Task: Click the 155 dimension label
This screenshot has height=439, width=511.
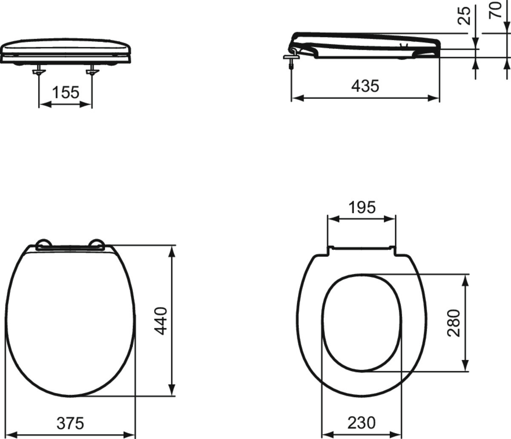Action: (66, 92)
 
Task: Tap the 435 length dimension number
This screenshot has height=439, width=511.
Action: (365, 86)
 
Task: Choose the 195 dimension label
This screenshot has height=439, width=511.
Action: (362, 208)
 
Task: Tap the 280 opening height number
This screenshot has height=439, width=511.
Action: (454, 323)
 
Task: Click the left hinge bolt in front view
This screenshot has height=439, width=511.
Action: (39, 72)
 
